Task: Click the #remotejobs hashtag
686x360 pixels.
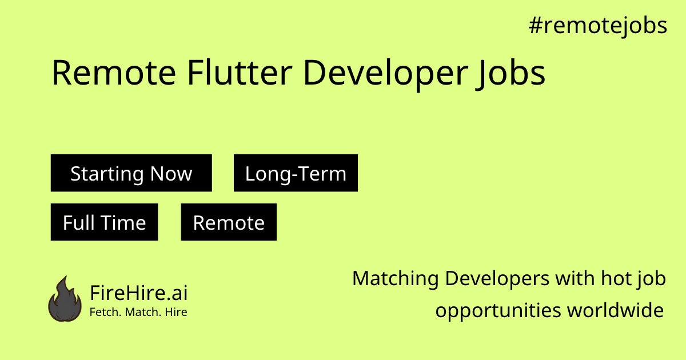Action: point(598,26)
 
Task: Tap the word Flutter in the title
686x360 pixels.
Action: point(240,73)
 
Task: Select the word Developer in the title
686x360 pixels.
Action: point(386,74)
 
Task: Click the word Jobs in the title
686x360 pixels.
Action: point(510,74)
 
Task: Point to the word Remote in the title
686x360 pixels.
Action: point(114,73)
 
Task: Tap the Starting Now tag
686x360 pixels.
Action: point(131,173)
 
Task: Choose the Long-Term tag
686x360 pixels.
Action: point(296,173)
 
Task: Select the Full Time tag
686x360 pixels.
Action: point(105,222)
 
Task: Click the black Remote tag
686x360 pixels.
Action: point(229,222)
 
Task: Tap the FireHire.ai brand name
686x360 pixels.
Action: point(139,293)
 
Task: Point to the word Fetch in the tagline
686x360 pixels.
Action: point(105,312)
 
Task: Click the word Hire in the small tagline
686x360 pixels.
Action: point(176,312)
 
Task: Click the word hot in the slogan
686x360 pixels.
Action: point(616,279)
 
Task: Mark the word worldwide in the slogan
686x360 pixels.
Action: point(616,310)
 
